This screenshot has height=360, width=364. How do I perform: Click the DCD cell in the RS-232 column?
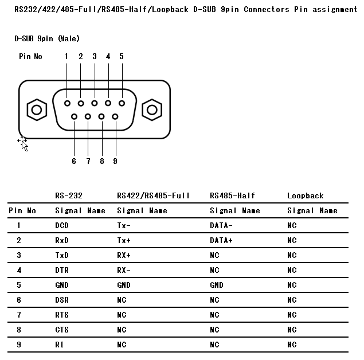click(x=62, y=225)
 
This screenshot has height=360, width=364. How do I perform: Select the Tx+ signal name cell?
click(x=124, y=240)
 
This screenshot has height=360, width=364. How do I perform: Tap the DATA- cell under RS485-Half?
click(x=221, y=225)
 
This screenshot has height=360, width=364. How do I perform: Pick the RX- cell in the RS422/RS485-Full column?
click(x=124, y=270)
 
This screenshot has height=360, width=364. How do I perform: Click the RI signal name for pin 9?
click(x=59, y=345)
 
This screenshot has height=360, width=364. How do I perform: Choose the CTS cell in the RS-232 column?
click(x=62, y=330)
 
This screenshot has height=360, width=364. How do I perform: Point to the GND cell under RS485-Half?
click(x=217, y=285)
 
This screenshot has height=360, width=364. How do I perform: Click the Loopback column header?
click(x=306, y=196)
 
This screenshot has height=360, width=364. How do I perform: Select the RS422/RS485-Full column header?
click(x=153, y=196)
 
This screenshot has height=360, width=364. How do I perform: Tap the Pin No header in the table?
click(x=22, y=211)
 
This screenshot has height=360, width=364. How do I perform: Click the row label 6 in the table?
click(x=19, y=300)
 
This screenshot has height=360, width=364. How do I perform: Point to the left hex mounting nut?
click(x=37, y=110)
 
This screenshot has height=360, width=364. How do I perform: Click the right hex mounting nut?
click(x=152, y=110)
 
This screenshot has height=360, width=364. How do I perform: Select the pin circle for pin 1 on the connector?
click(x=67, y=103)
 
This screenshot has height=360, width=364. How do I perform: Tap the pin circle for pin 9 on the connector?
click(x=115, y=116)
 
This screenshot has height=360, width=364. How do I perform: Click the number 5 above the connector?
click(x=122, y=56)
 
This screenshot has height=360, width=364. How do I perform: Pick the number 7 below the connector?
click(x=88, y=161)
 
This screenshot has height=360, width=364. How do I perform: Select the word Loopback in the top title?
click(x=170, y=10)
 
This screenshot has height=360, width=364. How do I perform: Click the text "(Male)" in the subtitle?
click(x=69, y=38)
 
